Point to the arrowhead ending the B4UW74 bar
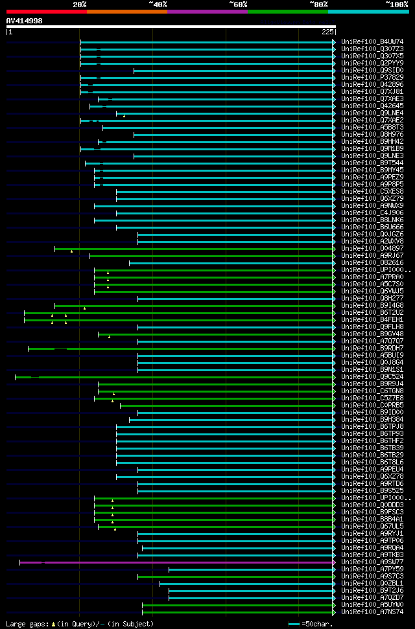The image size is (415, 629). [334, 42]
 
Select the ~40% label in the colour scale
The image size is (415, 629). [158, 4]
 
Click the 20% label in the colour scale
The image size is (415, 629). [80, 4]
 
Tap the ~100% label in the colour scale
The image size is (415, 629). [397, 4]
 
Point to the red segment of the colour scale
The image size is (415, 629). [45, 11]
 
